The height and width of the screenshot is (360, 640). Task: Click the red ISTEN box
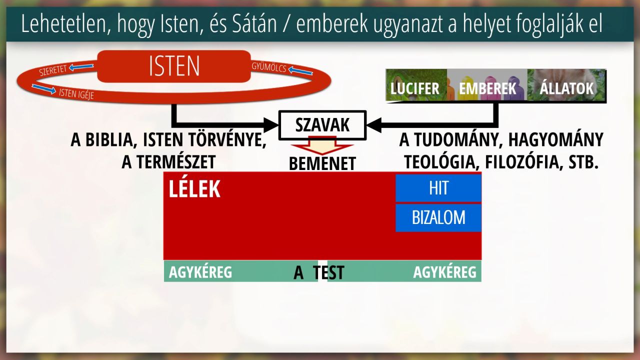click(x=174, y=66)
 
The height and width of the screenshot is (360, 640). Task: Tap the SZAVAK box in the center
click(x=322, y=125)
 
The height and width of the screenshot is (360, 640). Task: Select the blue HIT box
click(x=438, y=187)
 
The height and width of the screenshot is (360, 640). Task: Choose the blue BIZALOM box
click(x=438, y=217)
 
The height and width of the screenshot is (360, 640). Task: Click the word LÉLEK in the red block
click(x=194, y=189)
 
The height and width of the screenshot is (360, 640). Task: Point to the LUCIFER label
click(x=414, y=88)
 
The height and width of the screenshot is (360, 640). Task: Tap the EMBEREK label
click(x=487, y=88)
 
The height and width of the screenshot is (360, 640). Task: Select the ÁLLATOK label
click(x=566, y=87)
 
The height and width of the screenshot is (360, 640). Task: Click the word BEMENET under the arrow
click(x=322, y=163)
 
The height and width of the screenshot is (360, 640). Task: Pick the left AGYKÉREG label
click(x=200, y=272)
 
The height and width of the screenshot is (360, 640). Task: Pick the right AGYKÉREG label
click(x=445, y=272)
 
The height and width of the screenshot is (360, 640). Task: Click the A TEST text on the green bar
click(x=319, y=272)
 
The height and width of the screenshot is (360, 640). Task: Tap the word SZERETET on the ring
click(x=53, y=70)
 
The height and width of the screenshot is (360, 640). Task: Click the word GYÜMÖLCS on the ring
click(x=269, y=67)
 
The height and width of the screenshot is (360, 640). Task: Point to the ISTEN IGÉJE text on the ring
click(x=76, y=93)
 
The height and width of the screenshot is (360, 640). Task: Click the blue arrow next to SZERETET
click(x=81, y=67)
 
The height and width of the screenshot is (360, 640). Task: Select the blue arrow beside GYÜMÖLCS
click(x=300, y=70)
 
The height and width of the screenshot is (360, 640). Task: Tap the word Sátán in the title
click(x=254, y=24)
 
